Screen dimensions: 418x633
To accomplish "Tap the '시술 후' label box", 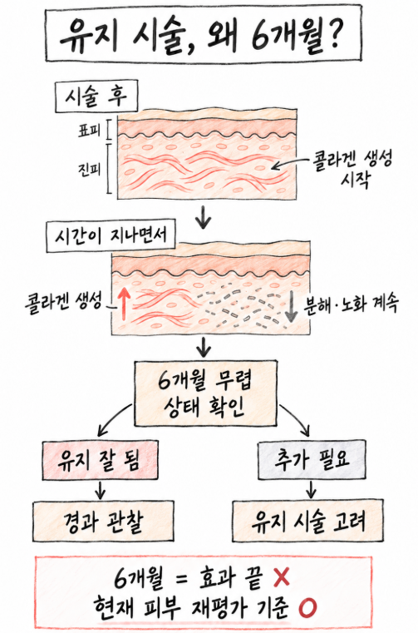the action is point(96,96).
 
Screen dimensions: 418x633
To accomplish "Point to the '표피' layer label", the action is point(89,130).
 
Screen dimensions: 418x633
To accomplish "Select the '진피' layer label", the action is point(89,169).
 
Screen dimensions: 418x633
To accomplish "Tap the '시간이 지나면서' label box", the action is point(111,235).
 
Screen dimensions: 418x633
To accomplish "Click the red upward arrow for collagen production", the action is point(125,303).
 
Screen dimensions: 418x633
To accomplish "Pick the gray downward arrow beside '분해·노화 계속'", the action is point(291,305).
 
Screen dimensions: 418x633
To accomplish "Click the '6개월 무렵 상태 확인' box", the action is point(205,393).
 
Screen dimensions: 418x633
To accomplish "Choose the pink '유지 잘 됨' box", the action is point(100,460).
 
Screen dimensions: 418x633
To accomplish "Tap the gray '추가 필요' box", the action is point(312,460).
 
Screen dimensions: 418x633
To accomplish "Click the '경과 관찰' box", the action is point(103,522).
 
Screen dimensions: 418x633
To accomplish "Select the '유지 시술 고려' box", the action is point(307,521).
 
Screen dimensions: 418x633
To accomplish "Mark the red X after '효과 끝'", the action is point(282,576).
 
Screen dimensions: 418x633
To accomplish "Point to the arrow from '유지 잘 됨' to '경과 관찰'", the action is point(100,490).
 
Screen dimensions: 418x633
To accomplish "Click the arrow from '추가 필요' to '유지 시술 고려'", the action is point(311,489).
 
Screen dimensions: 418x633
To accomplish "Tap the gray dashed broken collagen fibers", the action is point(241,308).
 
